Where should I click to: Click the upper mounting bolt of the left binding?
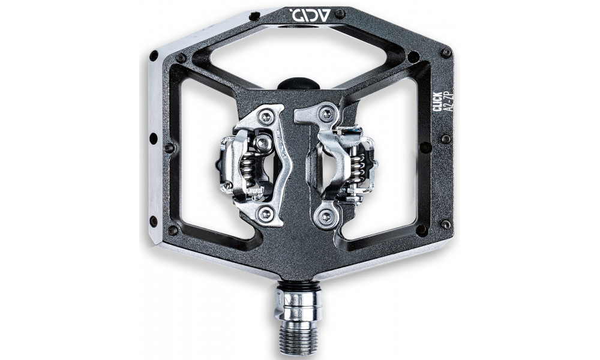point(265,116)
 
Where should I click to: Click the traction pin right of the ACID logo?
point(340,13)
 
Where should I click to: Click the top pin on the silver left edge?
point(154,55)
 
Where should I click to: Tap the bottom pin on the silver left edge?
point(154,221)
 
